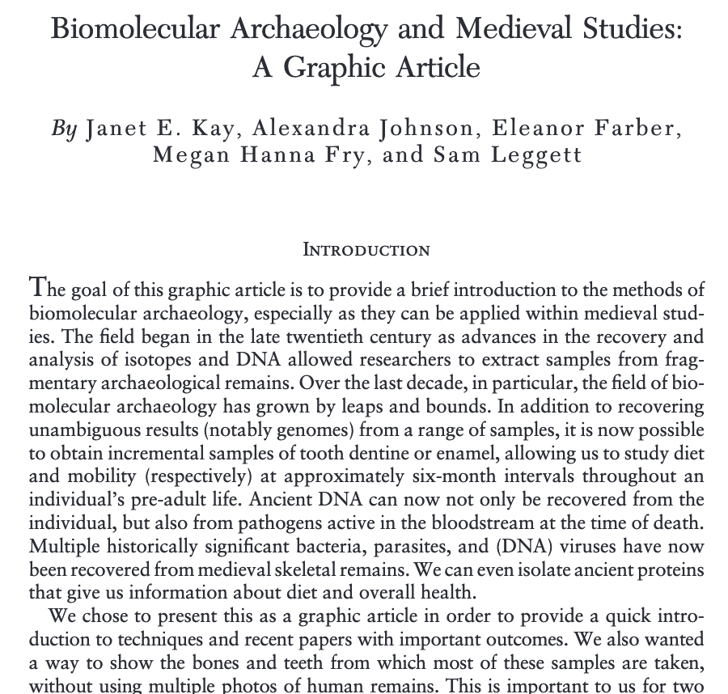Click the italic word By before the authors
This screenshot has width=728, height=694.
pyautogui.click(x=64, y=129)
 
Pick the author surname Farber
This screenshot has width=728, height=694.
pyautogui.click(x=633, y=129)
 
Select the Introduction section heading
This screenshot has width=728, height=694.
pyautogui.click(x=366, y=249)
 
